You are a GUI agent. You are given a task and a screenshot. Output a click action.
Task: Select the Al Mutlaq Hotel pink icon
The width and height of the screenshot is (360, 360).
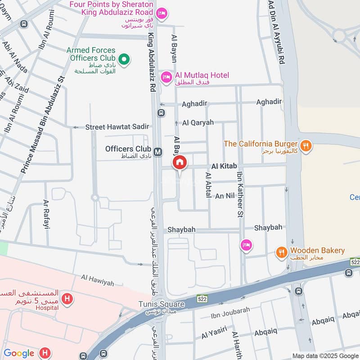[166, 78]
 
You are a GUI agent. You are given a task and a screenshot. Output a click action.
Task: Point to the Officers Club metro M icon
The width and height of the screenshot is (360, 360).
[157, 152]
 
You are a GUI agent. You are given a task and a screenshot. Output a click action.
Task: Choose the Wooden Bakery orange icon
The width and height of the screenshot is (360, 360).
[282, 253]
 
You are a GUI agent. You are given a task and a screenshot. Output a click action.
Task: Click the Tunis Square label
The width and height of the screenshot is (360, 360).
[161, 305]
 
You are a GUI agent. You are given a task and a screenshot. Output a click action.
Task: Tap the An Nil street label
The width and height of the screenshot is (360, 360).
[225, 196]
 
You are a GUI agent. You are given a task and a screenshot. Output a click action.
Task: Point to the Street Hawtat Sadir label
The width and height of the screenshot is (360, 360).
[117, 127]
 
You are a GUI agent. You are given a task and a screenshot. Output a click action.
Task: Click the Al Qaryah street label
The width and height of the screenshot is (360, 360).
[198, 122]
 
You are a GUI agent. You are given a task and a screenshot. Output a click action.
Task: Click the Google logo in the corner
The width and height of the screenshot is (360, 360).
[18, 353]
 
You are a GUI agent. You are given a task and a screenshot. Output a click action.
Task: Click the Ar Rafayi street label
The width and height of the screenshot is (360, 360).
[46, 215]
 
